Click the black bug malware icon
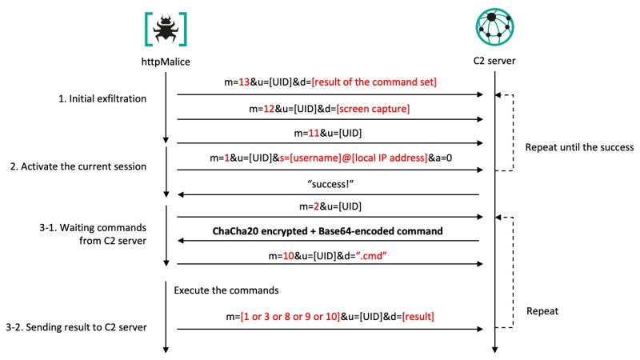(x=166, y=29)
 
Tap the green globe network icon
(x=494, y=27)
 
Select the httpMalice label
(x=166, y=62)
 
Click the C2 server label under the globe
(x=494, y=61)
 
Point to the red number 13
(x=244, y=82)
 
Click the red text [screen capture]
(x=373, y=109)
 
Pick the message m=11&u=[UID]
(x=328, y=133)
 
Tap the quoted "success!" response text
(x=330, y=184)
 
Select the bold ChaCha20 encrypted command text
(x=327, y=231)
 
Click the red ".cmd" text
(x=371, y=256)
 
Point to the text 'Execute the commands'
(x=226, y=290)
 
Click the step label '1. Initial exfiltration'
(x=102, y=98)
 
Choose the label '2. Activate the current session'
(x=78, y=166)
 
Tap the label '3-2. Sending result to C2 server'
(x=76, y=327)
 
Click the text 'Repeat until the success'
(x=579, y=147)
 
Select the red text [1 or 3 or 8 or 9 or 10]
(x=290, y=317)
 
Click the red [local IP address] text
(x=389, y=158)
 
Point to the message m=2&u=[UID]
(x=330, y=206)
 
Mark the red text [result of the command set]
(x=374, y=82)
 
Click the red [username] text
(x=315, y=158)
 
